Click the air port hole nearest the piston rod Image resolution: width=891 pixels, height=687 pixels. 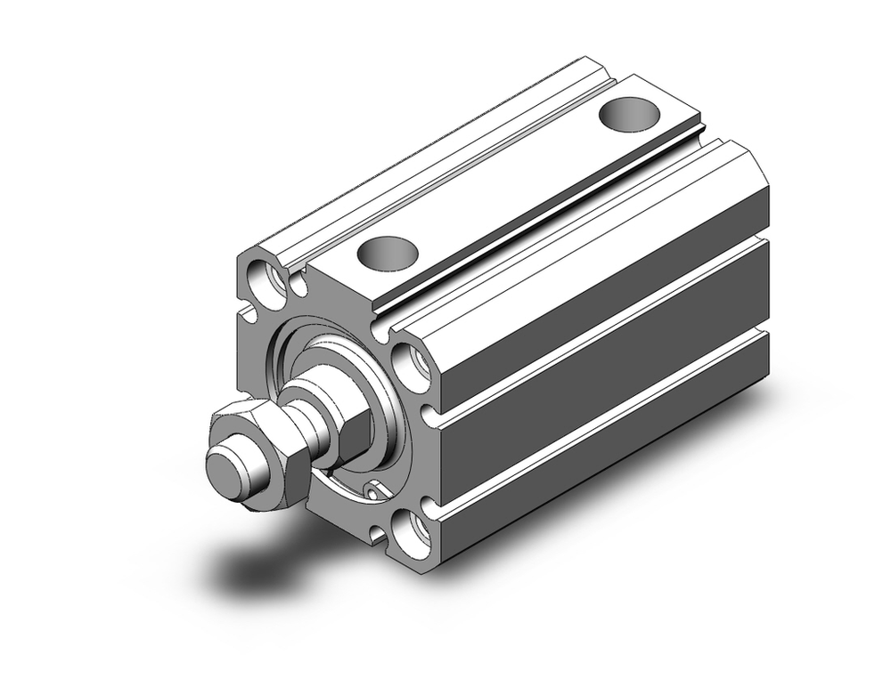(388, 252)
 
